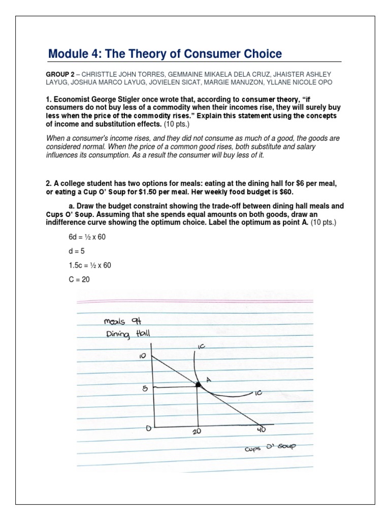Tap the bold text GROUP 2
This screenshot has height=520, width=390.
click(x=59, y=74)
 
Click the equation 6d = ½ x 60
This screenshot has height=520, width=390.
click(x=87, y=237)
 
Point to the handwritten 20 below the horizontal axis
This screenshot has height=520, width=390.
click(x=198, y=431)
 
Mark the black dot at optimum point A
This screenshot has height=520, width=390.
click(x=198, y=386)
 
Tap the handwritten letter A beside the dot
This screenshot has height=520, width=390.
click(x=208, y=379)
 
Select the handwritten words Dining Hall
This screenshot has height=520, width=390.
click(x=124, y=334)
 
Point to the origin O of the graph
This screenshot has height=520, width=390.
click(x=149, y=428)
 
